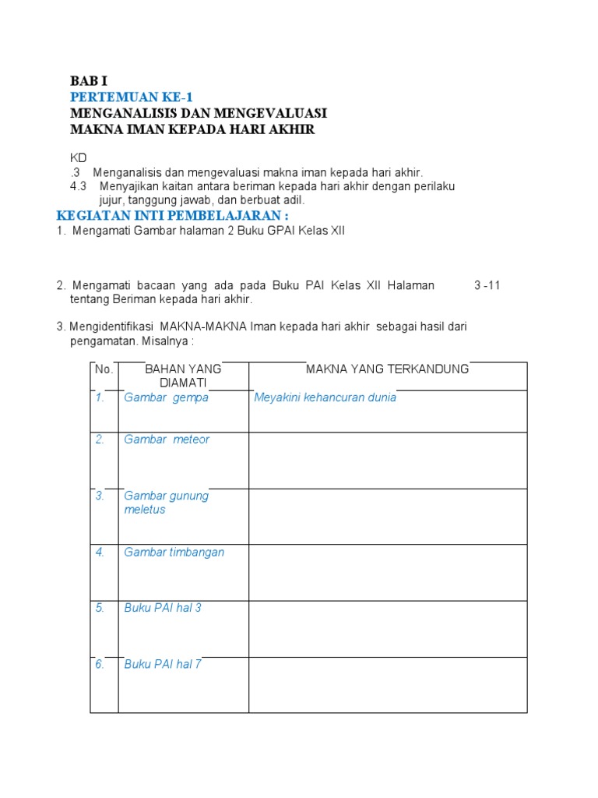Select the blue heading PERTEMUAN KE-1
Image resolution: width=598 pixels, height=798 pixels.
130,97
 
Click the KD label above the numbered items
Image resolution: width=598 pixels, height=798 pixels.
79,158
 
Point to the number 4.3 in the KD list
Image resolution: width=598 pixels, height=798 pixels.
79,186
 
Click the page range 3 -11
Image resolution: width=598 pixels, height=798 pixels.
487,285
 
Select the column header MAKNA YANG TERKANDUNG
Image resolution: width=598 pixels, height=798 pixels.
387,369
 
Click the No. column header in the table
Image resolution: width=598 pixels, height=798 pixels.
104,369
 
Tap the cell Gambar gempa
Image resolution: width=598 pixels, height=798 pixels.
166,397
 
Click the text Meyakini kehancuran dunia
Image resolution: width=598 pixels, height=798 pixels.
325,397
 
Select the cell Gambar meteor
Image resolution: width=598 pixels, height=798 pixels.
167,440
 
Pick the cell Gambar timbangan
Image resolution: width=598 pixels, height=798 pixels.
174,553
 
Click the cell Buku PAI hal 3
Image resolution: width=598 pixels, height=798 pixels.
163,608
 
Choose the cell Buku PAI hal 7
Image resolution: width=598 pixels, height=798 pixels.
163,665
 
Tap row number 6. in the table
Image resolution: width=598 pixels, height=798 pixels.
100,665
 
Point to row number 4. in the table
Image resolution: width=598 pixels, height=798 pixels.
100,553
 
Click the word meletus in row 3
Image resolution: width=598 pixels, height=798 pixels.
145,510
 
